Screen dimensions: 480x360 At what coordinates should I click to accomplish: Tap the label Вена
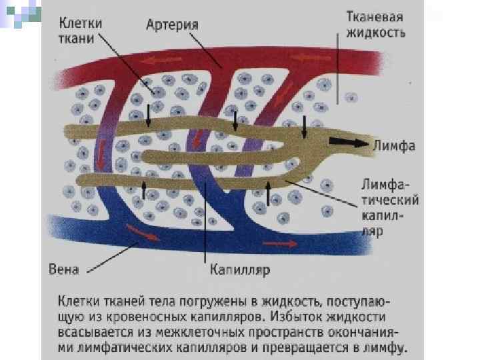(x=65, y=270)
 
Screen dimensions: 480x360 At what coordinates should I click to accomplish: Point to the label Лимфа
(x=395, y=145)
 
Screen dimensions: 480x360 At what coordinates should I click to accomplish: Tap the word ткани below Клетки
(x=71, y=38)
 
